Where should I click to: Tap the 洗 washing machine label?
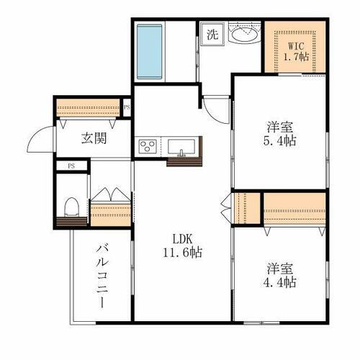point(212,33)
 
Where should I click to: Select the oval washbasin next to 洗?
point(245,34)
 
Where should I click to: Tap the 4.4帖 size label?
point(277,282)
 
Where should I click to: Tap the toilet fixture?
point(71,207)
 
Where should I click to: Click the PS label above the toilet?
point(71,166)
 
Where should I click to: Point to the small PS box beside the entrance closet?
point(127,109)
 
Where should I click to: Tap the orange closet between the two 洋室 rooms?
point(294,207)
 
